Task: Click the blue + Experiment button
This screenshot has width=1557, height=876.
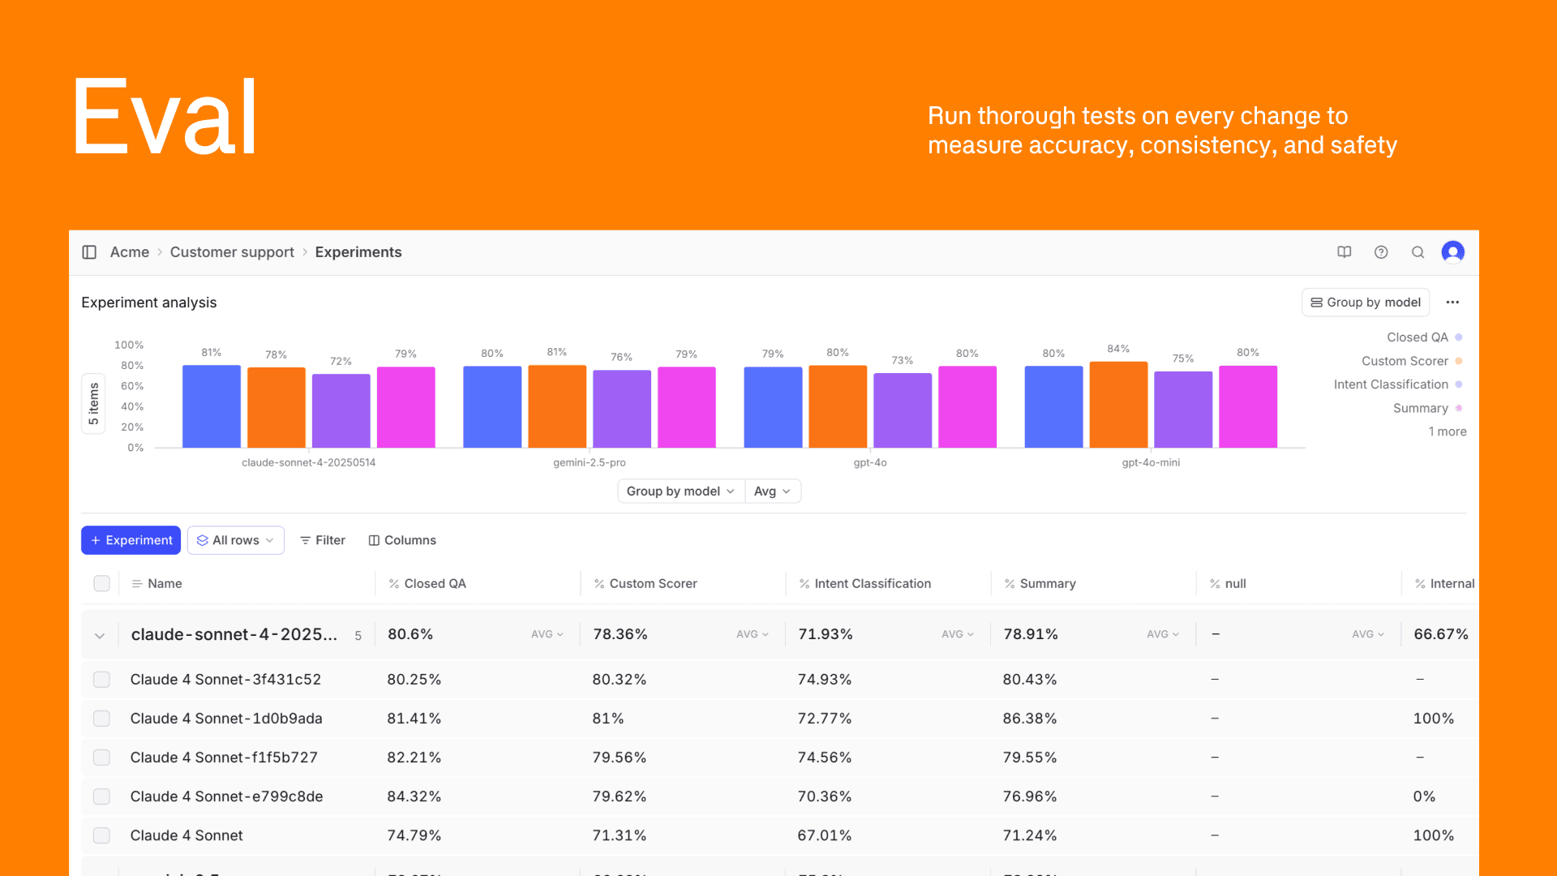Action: coord(131,540)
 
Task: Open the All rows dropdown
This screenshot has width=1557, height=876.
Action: coord(235,540)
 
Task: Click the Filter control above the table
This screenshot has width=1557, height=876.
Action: coord(323,540)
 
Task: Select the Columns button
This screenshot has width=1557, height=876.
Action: coord(402,540)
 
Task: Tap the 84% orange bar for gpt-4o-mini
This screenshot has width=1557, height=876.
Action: coord(1118,405)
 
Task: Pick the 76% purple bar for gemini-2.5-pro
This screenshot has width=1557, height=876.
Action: coord(622,409)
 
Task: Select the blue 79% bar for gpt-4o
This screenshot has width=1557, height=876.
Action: coord(773,407)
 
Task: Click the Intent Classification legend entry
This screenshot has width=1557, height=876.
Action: coord(1391,384)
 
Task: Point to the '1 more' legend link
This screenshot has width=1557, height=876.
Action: coord(1448,432)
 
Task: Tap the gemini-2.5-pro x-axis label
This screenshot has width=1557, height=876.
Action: coord(590,462)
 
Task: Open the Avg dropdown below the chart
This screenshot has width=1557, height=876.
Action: coord(772,492)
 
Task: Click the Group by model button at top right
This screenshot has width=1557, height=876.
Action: coord(1366,303)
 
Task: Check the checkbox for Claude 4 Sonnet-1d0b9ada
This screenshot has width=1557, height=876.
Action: coord(101,719)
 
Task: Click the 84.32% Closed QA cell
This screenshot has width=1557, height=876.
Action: coord(414,797)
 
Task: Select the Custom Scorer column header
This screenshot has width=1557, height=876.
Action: coord(653,583)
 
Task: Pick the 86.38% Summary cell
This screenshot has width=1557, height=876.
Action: coord(1030,719)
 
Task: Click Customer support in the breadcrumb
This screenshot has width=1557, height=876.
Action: coord(232,252)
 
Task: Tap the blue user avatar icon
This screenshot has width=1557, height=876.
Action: coord(1452,252)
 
